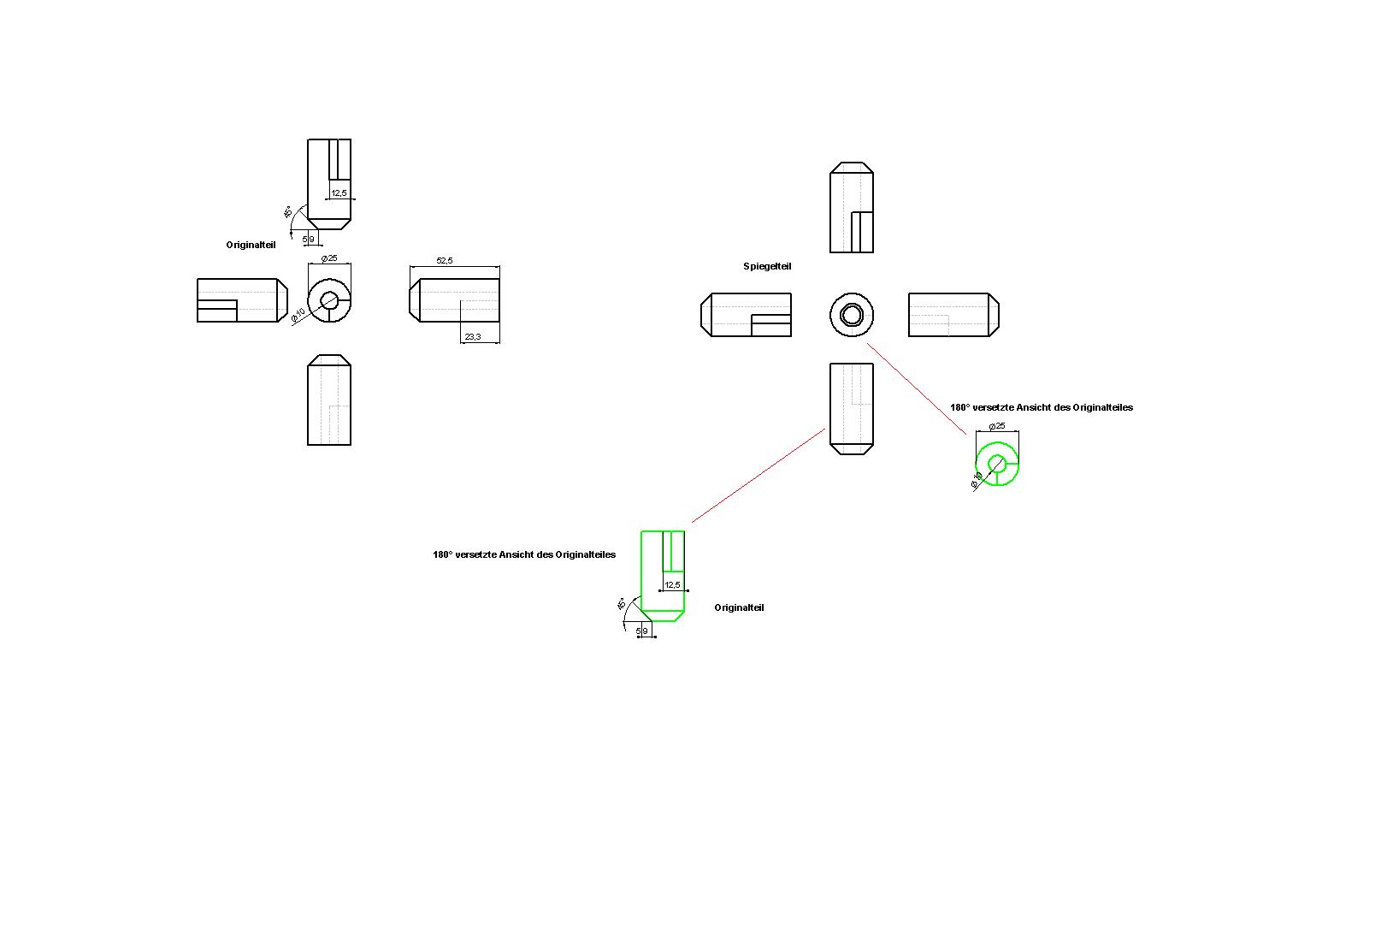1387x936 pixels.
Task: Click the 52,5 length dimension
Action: [x=444, y=260]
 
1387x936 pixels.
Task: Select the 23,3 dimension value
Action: [x=472, y=337]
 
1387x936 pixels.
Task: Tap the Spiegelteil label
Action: [x=767, y=267]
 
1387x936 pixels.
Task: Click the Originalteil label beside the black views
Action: [x=251, y=245]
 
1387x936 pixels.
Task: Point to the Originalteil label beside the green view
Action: [x=739, y=607]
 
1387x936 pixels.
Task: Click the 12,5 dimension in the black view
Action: [x=339, y=193]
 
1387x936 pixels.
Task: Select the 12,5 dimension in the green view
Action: [x=672, y=585]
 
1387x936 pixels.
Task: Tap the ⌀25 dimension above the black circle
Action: [x=328, y=258]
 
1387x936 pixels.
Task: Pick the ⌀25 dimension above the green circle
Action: [x=996, y=425]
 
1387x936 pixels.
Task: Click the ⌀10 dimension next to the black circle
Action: [x=298, y=315]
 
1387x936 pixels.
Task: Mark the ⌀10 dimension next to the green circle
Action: [x=977, y=481]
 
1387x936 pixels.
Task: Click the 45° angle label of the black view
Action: [x=288, y=212]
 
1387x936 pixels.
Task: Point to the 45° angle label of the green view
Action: [x=622, y=604]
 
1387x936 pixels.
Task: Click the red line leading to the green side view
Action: [x=758, y=476]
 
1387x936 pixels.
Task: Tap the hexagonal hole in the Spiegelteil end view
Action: [x=851, y=315]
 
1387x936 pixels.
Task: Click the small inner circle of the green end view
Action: [x=996, y=464]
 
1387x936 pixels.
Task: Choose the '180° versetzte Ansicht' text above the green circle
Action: [x=1041, y=407]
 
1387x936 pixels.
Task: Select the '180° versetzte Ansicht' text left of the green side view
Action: [x=523, y=554]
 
